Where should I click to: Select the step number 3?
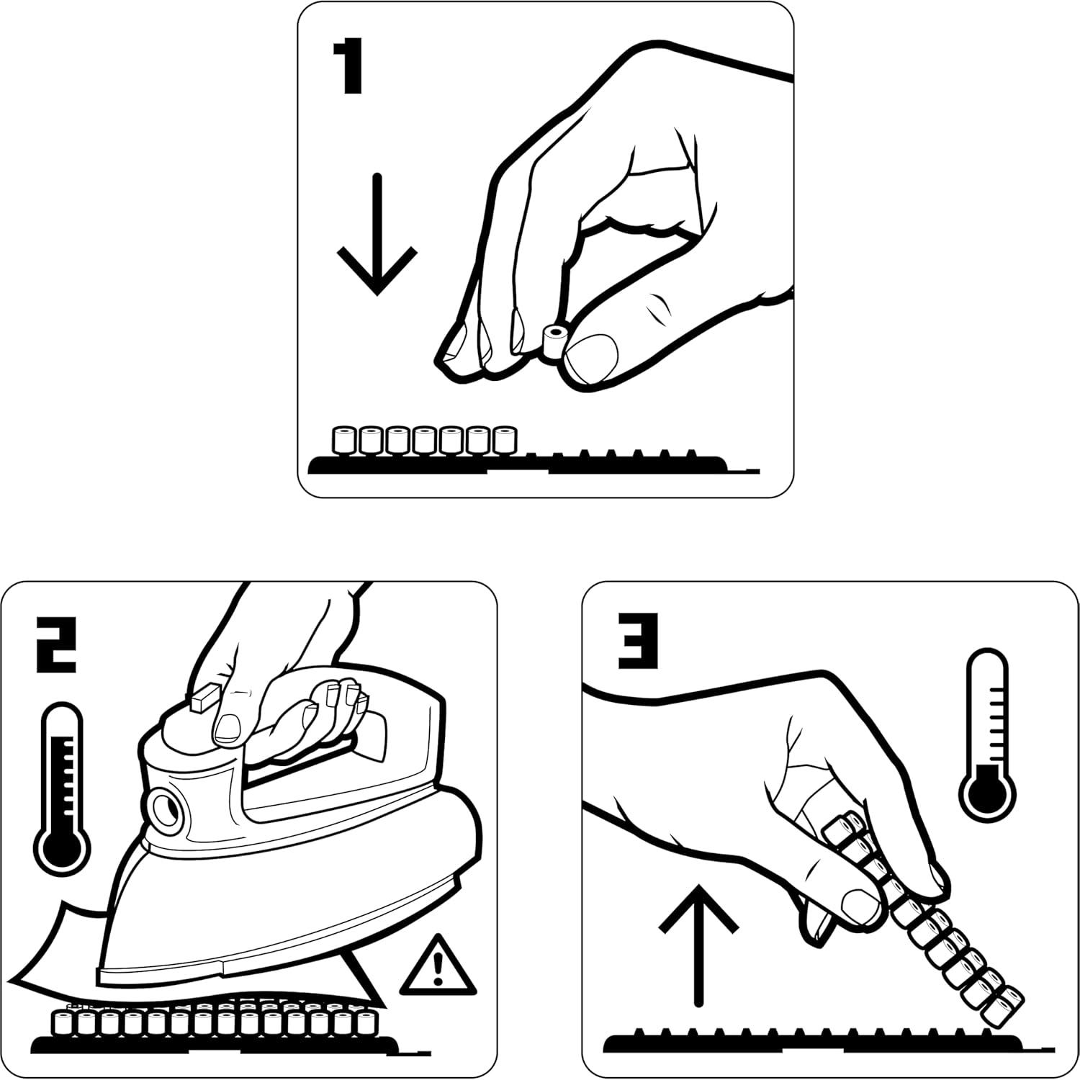coord(639,639)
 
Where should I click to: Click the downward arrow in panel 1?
coord(377,234)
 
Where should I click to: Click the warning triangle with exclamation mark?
coord(438,963)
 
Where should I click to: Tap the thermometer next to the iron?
coord(65,788)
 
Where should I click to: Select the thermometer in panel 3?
coord(989,734)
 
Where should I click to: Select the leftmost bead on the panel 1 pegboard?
coord(344,441)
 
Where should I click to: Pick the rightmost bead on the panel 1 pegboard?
coord(506,441)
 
